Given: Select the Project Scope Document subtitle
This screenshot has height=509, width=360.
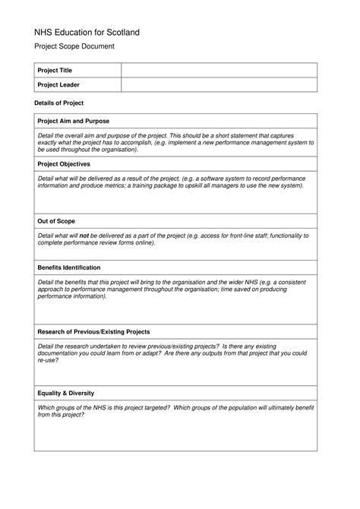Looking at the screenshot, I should [74, 47].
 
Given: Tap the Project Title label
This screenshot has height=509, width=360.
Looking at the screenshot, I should [55, 71].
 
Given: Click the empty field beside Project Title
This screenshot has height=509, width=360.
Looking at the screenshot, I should [219, 71].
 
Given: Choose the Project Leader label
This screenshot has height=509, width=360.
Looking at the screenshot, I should [58, 85].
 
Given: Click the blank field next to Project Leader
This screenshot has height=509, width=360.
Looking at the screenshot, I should [219, 85].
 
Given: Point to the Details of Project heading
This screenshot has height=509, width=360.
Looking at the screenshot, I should [59, 103].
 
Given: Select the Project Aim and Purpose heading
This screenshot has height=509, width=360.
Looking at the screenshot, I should [74, 122].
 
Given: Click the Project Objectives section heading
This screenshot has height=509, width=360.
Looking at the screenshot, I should [64, 164].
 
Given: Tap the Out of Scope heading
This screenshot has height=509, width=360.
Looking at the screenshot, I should [56, 221].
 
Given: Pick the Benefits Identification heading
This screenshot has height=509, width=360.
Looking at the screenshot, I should [69, 267].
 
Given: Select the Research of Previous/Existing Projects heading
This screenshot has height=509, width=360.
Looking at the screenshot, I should [93, 332].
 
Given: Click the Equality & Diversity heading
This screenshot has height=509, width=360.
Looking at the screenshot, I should [66, 393].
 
